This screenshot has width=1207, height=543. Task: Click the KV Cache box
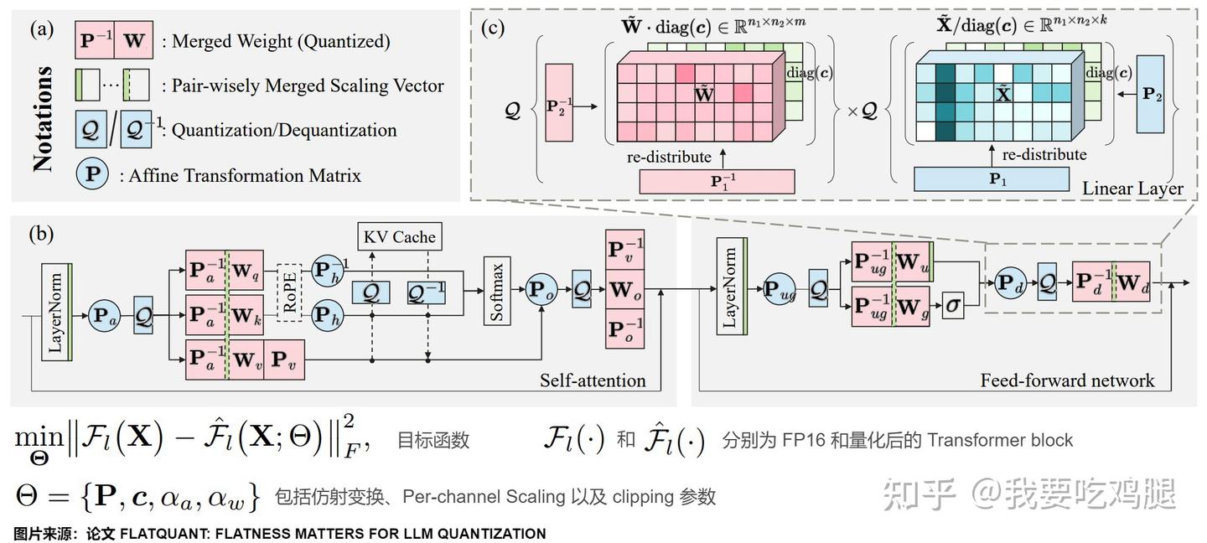pyautogui.click(x=400, y=236)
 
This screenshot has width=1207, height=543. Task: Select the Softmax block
pyautogui.click(x=497, y=292)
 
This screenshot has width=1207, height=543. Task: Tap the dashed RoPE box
pyautogui.click(x=291, y=293)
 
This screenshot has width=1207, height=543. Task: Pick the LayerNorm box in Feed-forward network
pyautogui.click(x=730, y=287)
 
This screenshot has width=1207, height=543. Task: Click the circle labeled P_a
pyautogui.click(x=104, y=318)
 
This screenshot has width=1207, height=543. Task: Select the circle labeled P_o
pyautogui.click(x=541, y=291)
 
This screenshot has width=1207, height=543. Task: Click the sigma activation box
pyautogui.click(x=952, y=306)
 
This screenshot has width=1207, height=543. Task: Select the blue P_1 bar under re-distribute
pyautogui.click(x=992, y=178)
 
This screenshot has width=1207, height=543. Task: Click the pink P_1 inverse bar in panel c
pyautogui.click(x=717, y=181)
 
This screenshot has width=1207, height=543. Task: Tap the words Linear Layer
pyautogui.click(x=1132, y=188)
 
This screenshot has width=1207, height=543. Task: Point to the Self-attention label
pyautogui.click(x=593, y=380)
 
